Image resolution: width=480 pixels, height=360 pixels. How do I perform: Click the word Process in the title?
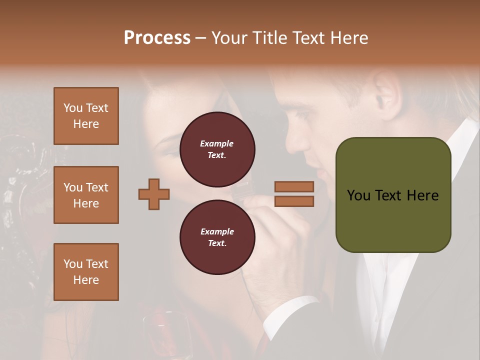click(157, 38)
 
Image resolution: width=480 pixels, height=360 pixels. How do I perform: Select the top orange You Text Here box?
click(86, 116)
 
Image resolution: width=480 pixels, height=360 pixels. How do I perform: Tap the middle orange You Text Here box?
click(86, 195)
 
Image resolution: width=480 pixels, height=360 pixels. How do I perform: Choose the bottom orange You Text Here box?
click(86, 271)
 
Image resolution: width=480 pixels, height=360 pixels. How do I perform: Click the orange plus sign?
click(154, 193)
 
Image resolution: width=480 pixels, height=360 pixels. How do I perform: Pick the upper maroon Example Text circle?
click(217, 149)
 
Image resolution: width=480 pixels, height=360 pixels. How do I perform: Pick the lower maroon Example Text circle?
click(217, 237)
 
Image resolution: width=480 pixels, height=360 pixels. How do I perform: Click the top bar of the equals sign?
click(294, 186)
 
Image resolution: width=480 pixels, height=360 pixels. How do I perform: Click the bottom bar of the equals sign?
click(294, 201)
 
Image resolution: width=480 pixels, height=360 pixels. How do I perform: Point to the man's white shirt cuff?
click(292, 312)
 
